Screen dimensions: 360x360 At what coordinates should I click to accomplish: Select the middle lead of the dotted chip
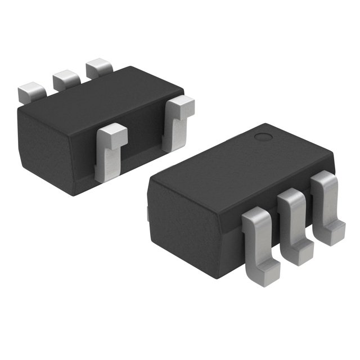click(292, 217)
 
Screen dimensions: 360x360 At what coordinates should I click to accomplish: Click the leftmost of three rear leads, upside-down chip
click(31, 91)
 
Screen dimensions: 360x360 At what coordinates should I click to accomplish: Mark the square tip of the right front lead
click(181, 105)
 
